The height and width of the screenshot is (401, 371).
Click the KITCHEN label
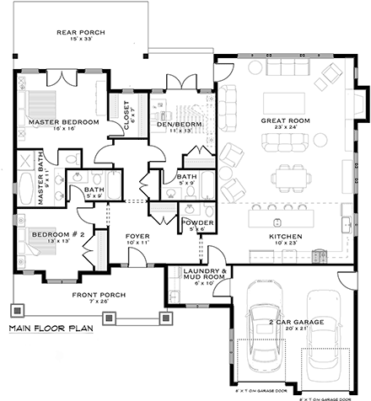(x=284, y=238)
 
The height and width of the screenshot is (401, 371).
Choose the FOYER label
(x=137, y=235)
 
